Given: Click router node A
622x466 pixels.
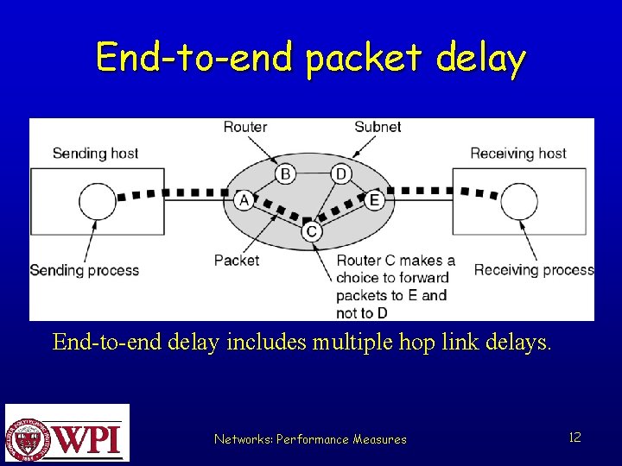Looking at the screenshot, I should tap(244, 200).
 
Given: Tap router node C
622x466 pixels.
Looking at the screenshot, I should tap(312, 232).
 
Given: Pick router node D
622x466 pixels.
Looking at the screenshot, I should tap(341, 174).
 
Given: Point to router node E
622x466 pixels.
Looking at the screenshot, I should tap(374, 200).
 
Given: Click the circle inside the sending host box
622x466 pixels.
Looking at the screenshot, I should tap(97, 202).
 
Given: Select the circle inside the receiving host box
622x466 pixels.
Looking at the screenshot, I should tap(519, 202).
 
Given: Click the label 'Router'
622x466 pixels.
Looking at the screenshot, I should tap(245, 127).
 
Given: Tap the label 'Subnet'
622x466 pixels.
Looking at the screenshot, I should tap(378, 127).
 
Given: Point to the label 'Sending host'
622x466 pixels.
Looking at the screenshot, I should tap(95, 154).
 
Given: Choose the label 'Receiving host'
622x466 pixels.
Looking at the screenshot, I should tap(518, 154).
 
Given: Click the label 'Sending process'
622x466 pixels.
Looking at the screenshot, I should tap(85, 270).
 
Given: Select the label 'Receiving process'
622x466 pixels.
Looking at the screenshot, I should tap(533, 270).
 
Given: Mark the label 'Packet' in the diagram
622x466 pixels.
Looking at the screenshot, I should tap(237, 260).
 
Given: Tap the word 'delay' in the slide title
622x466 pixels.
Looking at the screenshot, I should tap(480, 59).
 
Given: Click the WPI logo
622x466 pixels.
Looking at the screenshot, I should tap(67, 433).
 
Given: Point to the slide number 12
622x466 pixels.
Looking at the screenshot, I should tap(574, 438).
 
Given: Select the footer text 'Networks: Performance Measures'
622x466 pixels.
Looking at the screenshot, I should tap(310, 439).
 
